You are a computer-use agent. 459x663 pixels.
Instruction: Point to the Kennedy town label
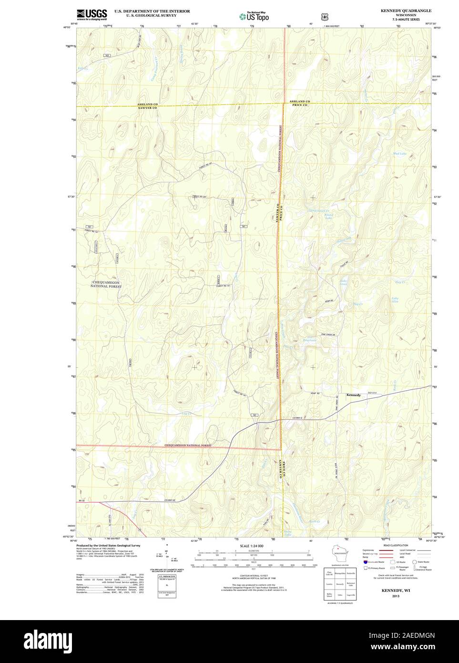click(354, 395)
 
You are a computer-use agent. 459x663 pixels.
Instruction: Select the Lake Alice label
click(395, 300)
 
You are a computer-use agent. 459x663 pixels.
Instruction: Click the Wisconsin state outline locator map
click(340, 553)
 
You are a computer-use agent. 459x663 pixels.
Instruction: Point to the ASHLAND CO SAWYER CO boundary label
click(147, 106)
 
